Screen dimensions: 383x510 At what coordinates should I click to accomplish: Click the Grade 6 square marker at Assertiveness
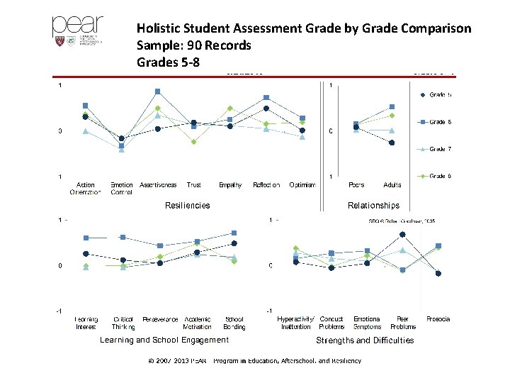point(158,91)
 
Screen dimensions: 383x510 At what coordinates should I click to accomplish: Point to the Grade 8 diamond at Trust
point(193,142)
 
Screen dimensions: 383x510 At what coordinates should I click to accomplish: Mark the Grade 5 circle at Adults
point(392,143)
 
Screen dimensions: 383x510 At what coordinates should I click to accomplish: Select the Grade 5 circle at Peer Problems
point(402,234)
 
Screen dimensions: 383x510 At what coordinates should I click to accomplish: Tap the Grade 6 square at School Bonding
point(234,233)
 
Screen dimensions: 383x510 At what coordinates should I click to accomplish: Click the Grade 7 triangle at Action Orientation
point(85,131)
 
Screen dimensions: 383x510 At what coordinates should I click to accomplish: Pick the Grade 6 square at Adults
point(392,107)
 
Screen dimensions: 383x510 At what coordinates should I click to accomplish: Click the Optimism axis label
point(302,185)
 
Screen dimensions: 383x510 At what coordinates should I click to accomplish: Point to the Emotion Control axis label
point(121,189)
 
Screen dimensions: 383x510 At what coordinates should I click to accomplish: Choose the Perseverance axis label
point(160,319)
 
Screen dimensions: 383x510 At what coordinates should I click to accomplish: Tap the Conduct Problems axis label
point(331,323)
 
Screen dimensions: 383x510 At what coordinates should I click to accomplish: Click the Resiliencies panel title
point(187,206)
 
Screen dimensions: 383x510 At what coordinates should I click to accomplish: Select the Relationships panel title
point(373,206)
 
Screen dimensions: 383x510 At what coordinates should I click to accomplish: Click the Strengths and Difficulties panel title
point(365,340)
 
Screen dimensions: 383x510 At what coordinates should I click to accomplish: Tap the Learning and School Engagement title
point(164,340)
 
